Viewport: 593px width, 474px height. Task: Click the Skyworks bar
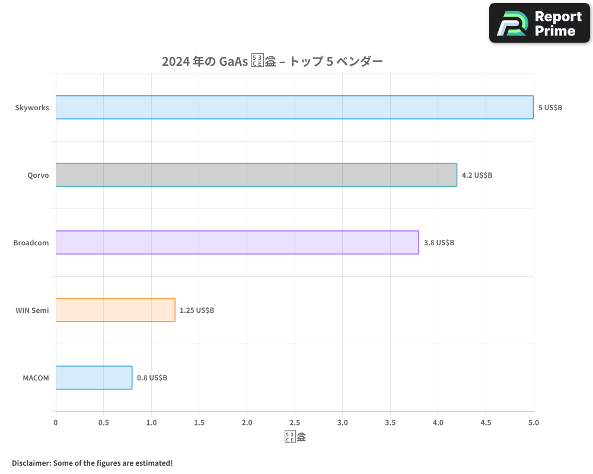pyautogui.click(x=295, y=107)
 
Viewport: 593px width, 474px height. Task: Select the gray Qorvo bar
pyautogui.click(x=256, y=175)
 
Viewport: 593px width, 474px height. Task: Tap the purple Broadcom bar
pyautogui.click(x=237, y=242)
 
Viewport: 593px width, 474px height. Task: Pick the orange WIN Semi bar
pyautogui.click(x=116, y=310)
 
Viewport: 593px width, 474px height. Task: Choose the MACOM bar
pyautogui.click(x=94, y=377)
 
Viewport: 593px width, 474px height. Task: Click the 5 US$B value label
pyautogui.click(x=550, y=108)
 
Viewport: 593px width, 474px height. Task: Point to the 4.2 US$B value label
pyautogui.click(x=477, y=175)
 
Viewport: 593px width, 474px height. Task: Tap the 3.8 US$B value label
pyautogui.click(x=439, y=243)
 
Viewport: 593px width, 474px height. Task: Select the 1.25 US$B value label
pyautogui.click(x=197, y=310)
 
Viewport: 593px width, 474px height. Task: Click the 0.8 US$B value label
pyautogui.click(x=152, y=378)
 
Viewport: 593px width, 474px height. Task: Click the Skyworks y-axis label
pyautogui.click(x=32, y=108)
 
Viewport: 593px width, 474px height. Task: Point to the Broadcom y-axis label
pyautogui.click(x=31, y=243)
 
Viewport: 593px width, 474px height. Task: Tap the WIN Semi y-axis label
pyautogui.click(x=32, y=310)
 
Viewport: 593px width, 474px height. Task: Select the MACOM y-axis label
pyautogui.click(x=36, y=378)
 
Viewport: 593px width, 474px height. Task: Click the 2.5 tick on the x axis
pyautogui.click(x=295, y=422)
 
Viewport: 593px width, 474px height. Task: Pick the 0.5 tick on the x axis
pyautogui.click(x=103, y=422)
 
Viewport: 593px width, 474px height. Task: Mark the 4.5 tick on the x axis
pyautogui.click(x=486, y=422)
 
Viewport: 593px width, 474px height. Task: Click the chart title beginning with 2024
pyautogui.click(x=272, y=62)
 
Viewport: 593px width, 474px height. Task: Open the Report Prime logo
pyautogui.click(x=540, y=23)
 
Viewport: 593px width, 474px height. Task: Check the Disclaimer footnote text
pyautogui.click(x=92, y=463)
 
